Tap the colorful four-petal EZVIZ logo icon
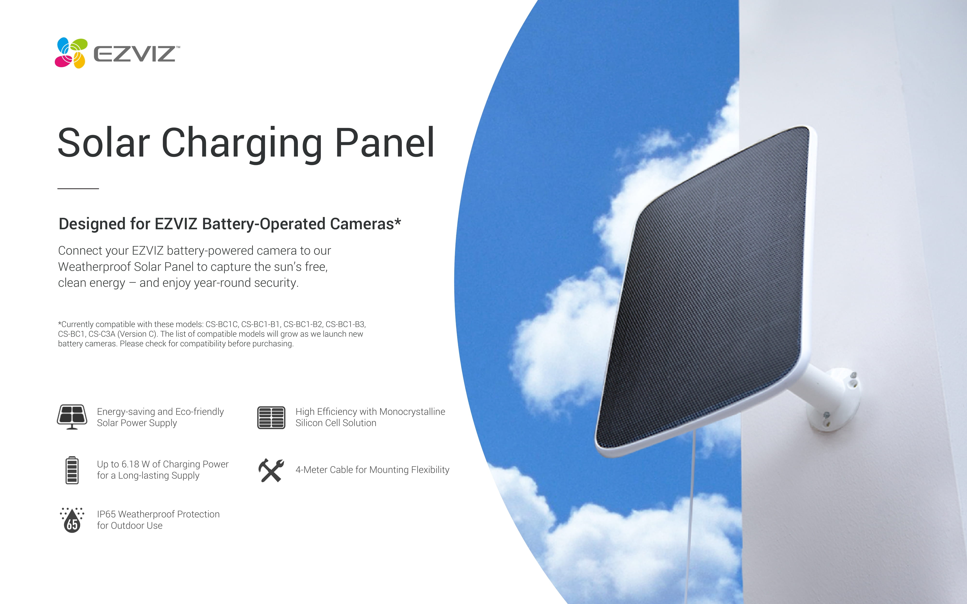click(71, 53)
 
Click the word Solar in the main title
click(103, 143)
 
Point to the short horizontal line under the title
click(78, 188)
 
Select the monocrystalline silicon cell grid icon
click(271, 417)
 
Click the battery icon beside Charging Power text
click(72, 470)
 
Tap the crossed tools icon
click(271, 470)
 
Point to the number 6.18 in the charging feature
click(130, 464)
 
